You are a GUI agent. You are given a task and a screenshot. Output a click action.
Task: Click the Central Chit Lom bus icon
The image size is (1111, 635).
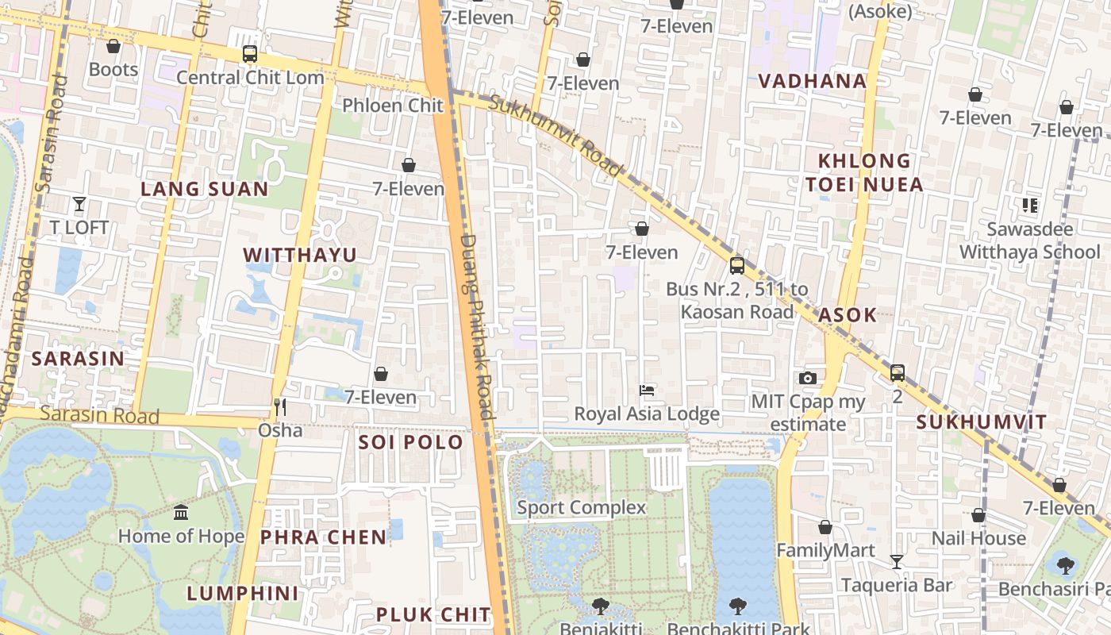tap(250, 54)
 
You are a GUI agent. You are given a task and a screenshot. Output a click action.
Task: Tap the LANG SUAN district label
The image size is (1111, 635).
tap(205, 189)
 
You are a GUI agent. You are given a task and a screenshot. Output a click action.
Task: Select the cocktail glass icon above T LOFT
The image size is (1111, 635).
tap(79, 204)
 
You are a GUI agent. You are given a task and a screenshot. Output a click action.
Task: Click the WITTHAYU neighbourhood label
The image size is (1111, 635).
tap(300, 255)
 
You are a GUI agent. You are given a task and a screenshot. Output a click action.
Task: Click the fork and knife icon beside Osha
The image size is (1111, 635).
tap(279, 407)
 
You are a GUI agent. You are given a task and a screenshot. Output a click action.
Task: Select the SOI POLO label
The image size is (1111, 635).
tap(410, 442)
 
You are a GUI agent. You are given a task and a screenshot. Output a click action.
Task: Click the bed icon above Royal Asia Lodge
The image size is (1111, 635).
tap(647, 391)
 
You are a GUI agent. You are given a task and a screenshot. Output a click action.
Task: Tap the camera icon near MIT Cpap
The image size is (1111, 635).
tap(808, 378)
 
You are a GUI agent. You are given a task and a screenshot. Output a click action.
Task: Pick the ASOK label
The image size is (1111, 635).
tap(848, 315)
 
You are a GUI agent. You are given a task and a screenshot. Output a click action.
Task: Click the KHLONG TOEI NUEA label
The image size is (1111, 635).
tap(864, 173)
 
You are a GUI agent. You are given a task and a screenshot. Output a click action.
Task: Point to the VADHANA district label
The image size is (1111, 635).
tap(812, 81)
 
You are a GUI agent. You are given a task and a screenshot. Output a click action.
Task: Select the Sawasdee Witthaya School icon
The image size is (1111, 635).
tap(1030, 206)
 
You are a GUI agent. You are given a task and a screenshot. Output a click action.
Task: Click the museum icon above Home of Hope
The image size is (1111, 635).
tap(181, 513)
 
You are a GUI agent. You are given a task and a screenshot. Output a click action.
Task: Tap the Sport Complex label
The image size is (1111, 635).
tap(582, 507)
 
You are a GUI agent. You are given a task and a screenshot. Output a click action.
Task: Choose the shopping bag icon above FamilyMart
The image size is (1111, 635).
tap(825, 527)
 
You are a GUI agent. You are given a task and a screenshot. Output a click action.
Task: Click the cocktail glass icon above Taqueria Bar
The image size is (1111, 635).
tap(897, 562)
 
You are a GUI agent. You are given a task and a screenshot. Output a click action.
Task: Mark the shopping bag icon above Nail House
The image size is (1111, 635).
tap(978, 515)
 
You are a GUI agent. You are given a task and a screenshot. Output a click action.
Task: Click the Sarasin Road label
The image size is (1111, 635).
tap(99, 414)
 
